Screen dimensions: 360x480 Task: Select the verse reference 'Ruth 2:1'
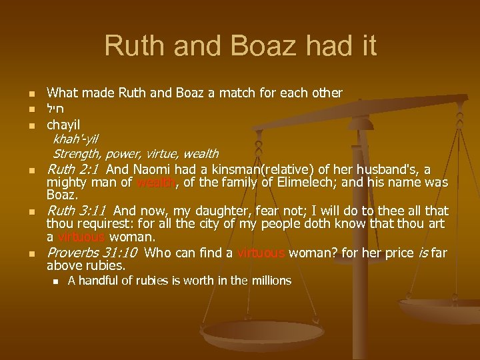72,169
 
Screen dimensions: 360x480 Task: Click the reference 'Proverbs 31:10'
92,253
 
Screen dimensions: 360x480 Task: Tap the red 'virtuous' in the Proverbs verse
261,253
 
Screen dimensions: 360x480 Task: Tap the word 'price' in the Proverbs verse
391,253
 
